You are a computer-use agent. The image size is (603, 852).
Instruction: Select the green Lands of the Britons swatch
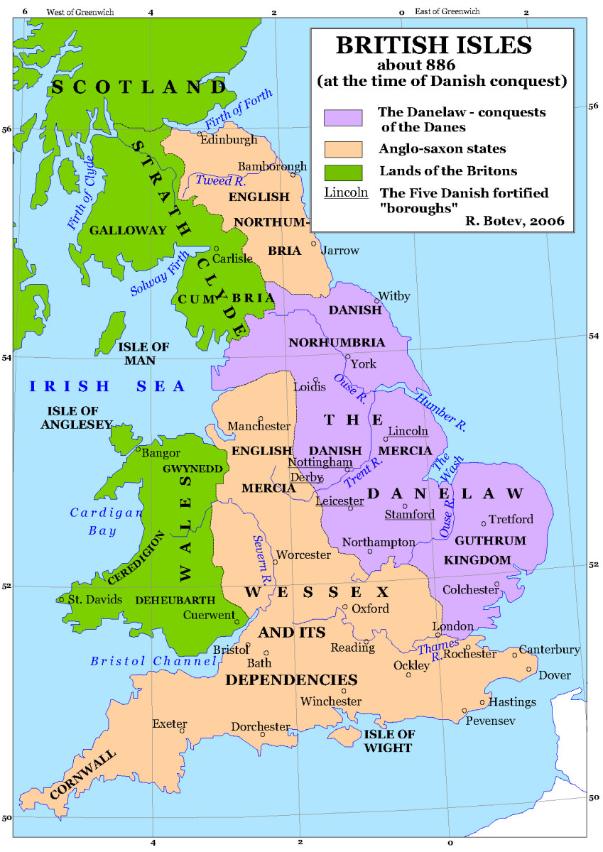[x=343, y=171]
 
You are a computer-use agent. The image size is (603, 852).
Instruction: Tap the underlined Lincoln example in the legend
[x=346, y=192]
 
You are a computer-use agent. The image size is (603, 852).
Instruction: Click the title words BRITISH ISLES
[x=433, y=45]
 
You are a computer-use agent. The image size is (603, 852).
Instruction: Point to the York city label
[x=364, y=364]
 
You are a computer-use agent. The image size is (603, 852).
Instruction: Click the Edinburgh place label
[x=229, y=140]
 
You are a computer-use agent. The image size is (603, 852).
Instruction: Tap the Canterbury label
[x=549, y=650]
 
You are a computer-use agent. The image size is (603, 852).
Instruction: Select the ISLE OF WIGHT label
[x=387, y=741]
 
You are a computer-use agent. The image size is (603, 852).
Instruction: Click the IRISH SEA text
[x=107, y=387]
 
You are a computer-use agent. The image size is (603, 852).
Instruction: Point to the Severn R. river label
[x=262, y=555]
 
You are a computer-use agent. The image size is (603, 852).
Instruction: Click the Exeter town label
[x=168, y=724]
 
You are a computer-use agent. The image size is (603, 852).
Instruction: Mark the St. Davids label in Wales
[x=95, y=599]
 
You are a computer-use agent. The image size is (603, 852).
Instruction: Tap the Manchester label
[x=259, y=427]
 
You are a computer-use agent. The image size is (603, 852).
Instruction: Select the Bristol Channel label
[x=153, y=661]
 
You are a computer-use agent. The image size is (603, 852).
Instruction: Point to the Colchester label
[x=470, y=590]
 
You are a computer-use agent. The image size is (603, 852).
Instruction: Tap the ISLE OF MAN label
[x=143, y=353]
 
